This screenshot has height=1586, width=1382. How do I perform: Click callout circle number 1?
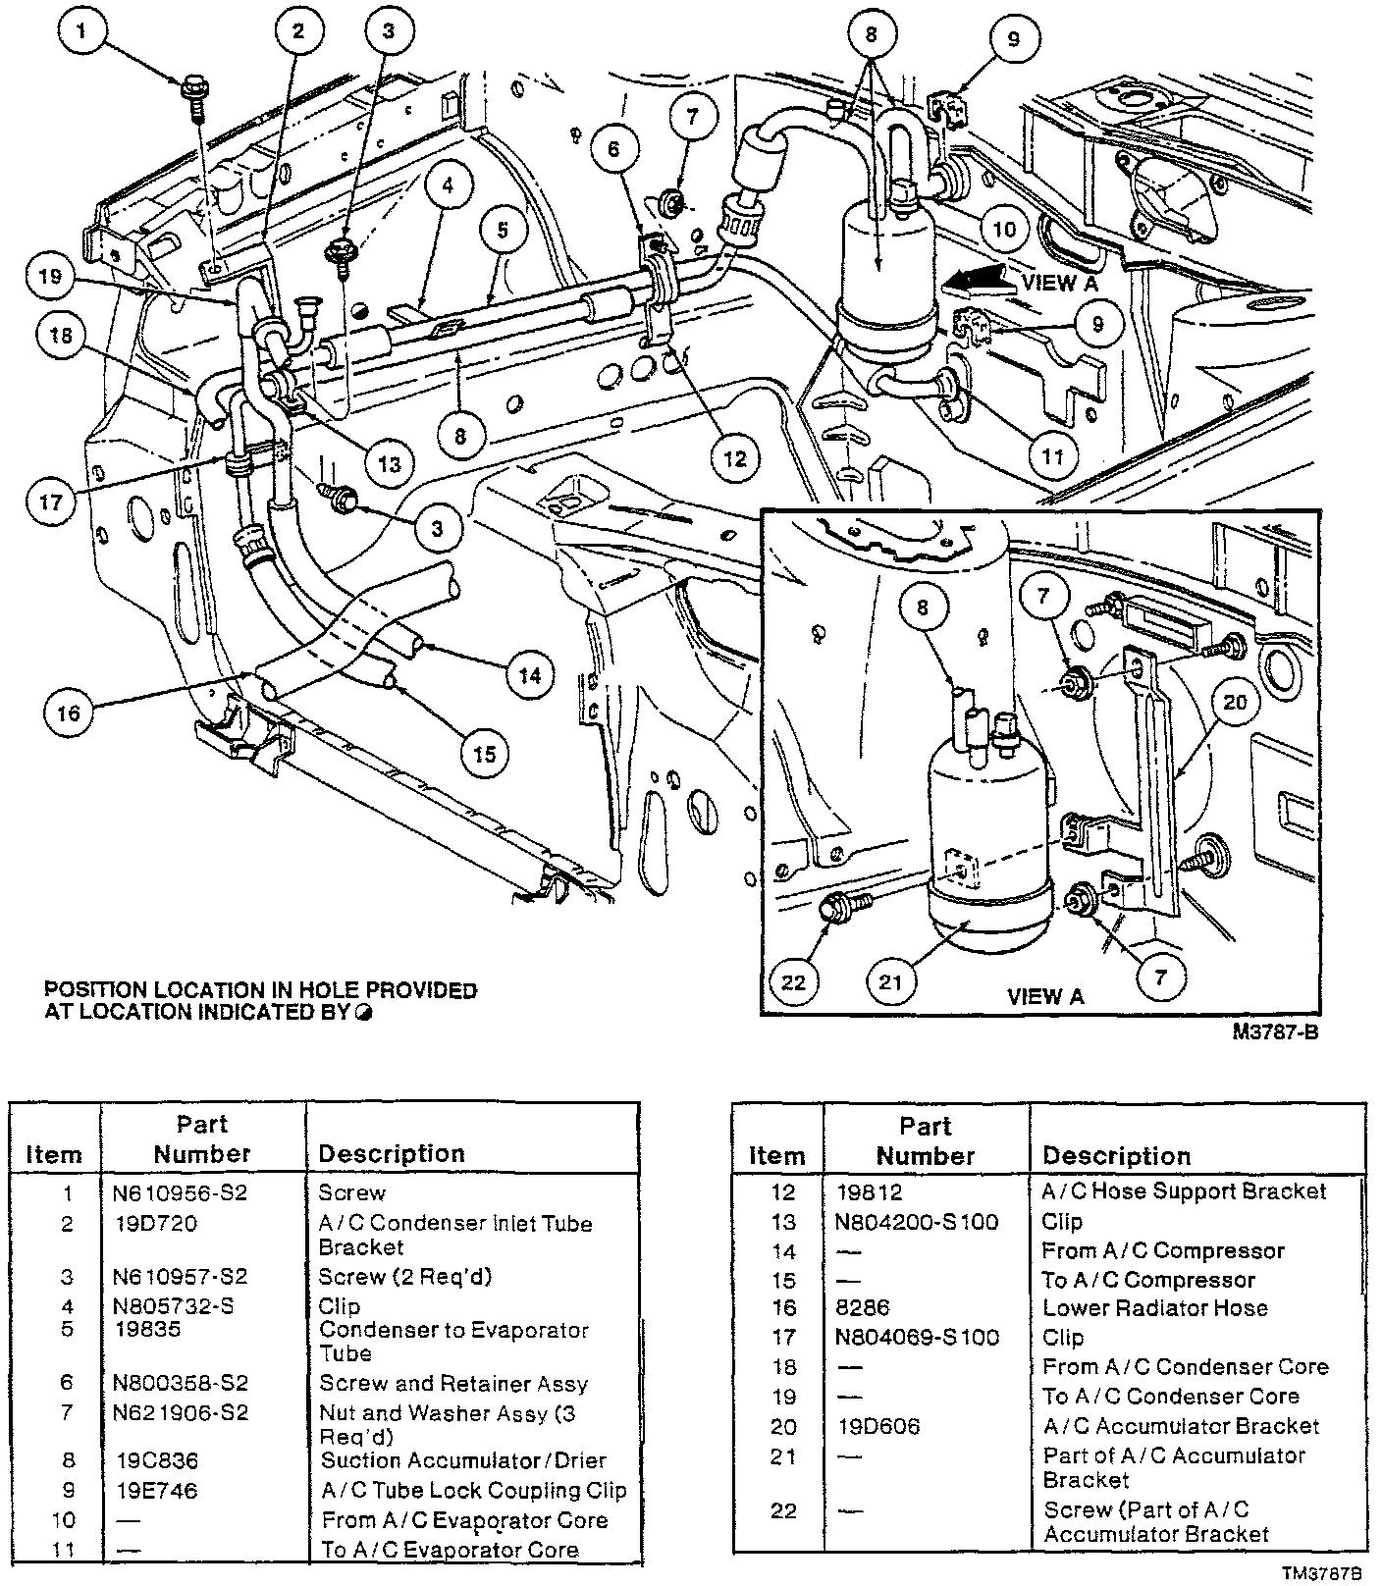coord(82,33)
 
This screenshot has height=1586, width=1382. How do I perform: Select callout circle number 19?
coord(51,277)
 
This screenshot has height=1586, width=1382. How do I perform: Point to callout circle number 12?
coord(736,458)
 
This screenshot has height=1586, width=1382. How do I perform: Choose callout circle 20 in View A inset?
coord(1234,702)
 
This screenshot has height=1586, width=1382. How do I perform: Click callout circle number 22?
coord(794,980)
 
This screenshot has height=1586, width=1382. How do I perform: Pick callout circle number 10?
coord(1004,230)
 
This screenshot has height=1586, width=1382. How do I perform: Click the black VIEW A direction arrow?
coord(976,281)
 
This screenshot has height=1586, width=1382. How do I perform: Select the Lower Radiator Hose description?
coord(1155,1308)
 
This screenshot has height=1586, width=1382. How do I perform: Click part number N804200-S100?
coord(918,1222)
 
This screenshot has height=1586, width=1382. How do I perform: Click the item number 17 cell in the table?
coord(783,1338)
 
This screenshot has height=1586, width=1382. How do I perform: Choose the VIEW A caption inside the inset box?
coord(1045,996)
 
